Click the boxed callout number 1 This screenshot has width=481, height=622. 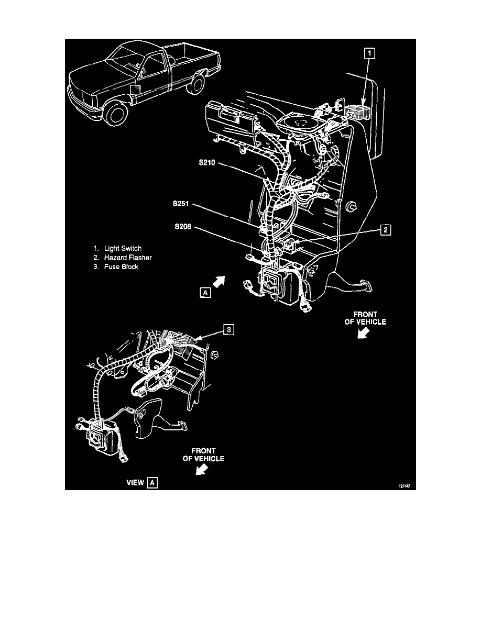[x=369, y=53]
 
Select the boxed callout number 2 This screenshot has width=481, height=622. [x=385, y=230]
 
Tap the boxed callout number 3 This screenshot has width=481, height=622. [x=228, y=330]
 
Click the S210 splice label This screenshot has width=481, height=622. [x=207, y=162]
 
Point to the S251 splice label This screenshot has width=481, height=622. [x=181, y=204]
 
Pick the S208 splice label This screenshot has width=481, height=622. [x=183, y=227]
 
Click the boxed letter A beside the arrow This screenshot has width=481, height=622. [x=205, y=293]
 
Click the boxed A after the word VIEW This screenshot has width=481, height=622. [x=152, y=483]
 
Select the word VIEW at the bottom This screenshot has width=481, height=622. [x=135, y=483]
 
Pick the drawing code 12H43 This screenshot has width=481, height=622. [x=405, y=486]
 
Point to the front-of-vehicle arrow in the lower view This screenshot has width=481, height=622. [x=202, y=470]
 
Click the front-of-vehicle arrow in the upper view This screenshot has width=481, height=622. [x=363, y=333]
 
